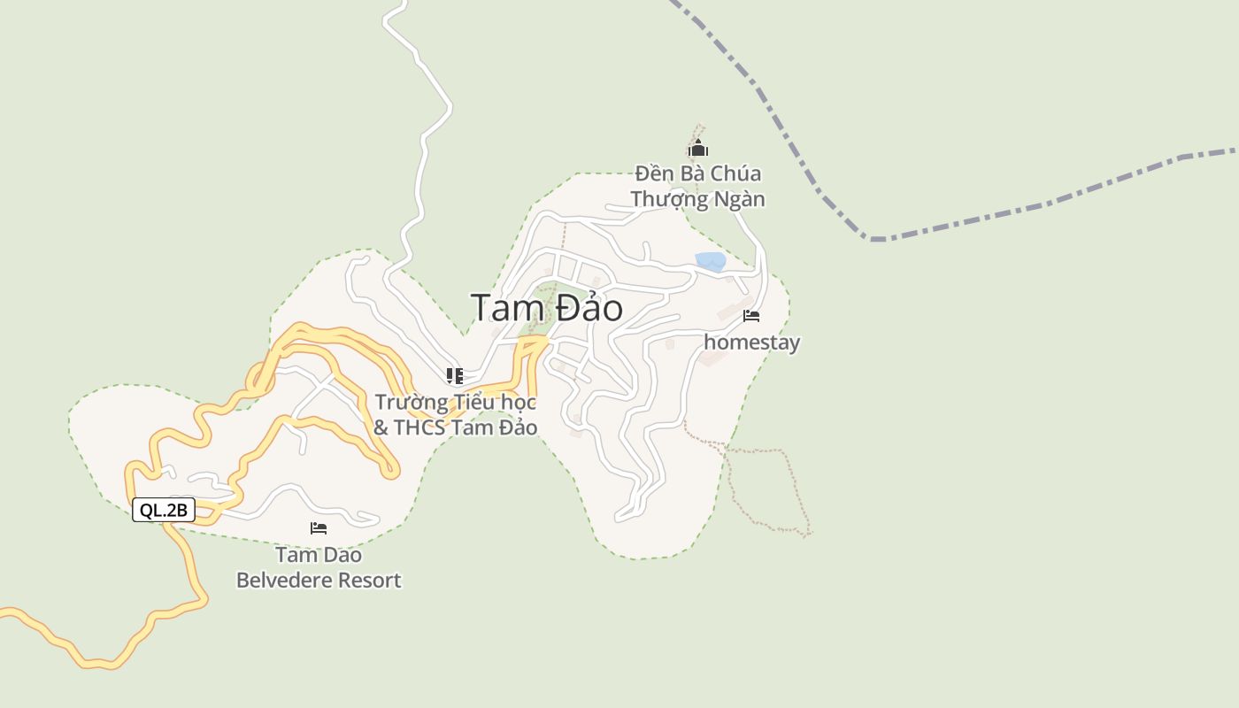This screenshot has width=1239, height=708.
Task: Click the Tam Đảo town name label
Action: (x=546, y=308)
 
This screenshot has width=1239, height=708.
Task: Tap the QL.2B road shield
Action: (x=164, y=510)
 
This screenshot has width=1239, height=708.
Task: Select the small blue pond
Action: (x=711, y=261)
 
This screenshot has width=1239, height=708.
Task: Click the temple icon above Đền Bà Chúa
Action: (x=698, y=149)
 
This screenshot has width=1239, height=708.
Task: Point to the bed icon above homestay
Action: (x=751, y=316)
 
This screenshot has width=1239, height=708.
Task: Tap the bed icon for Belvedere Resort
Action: (x=319, y=528)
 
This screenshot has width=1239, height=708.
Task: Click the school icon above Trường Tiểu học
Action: (x=454, y=376)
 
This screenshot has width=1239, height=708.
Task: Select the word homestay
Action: (x=751, y=342)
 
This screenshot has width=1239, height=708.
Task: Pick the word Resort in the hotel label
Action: (x=366, y=581)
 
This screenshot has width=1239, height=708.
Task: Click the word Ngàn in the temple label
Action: (x=736, y=199)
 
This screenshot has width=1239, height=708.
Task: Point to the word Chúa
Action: (x=735, y=173)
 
